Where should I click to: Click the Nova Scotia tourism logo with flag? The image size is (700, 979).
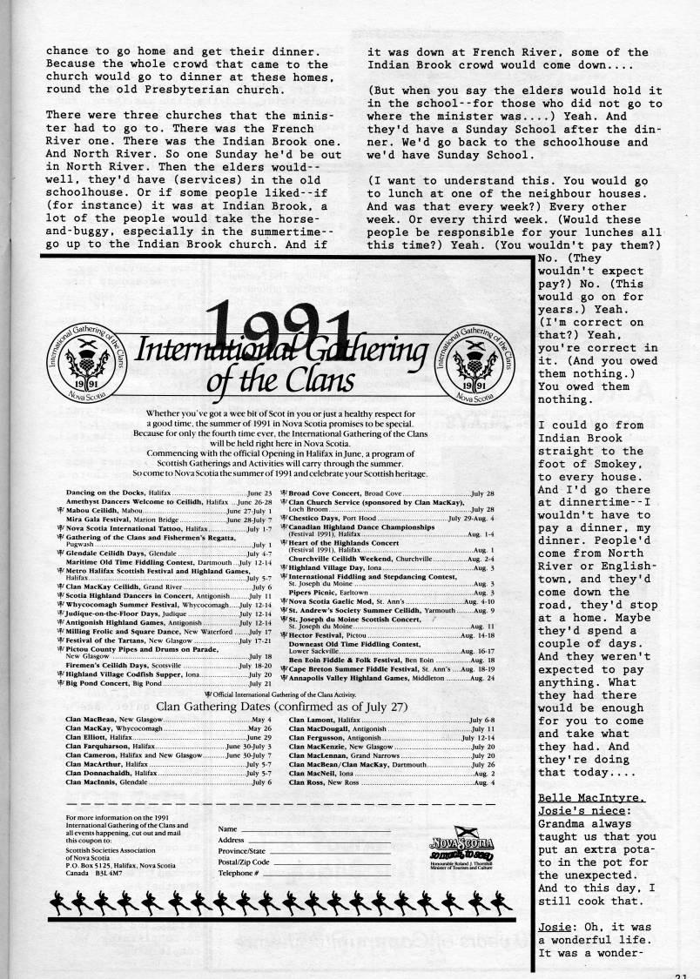pos(466,843)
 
